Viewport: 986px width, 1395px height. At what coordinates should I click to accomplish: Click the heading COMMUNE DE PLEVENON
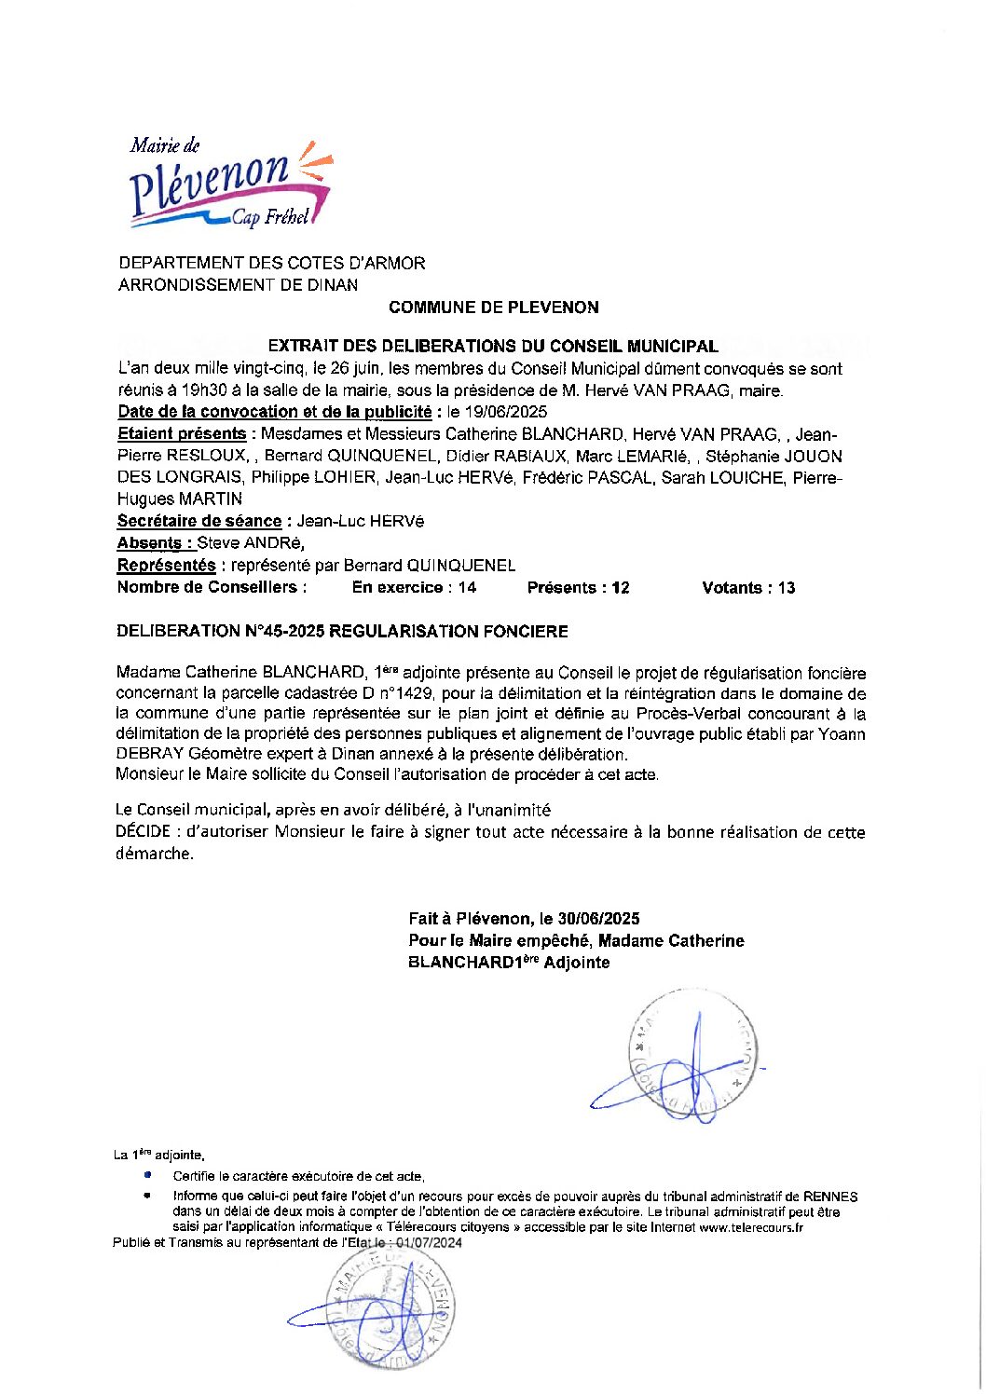click(493, 308)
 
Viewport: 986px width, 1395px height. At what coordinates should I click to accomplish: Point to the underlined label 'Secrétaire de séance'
click(199, 521)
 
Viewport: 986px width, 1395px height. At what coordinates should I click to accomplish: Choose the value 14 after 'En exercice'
click(467, 587)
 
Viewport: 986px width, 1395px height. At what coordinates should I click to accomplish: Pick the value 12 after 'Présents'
click(620, 587)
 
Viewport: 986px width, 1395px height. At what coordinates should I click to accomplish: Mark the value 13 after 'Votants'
click(786, 587)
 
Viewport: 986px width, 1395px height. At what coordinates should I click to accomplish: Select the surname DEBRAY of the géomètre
click(150, 754)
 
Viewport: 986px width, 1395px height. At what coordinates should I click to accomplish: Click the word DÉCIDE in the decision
click(143, 832)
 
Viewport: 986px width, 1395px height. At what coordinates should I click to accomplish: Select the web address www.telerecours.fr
click(751, 1227)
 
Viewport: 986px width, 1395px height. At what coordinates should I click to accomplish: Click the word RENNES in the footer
click(830, 1197)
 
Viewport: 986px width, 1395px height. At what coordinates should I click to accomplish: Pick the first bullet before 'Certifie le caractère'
click(147, 1176)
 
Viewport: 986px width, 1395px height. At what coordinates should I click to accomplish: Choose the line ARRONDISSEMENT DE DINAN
click(238, 285)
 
